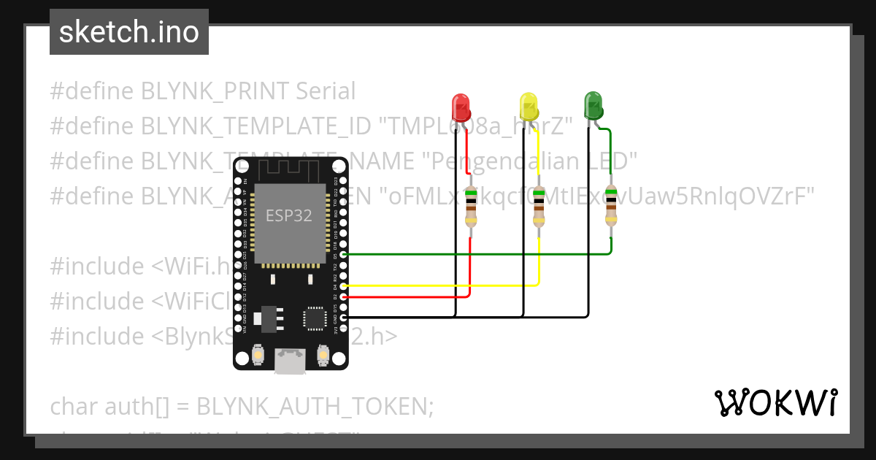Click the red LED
pos(461,107)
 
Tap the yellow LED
pos(528,107)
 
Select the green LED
pos(593,106)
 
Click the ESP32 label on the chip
pos(289,215)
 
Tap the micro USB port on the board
pos(290,361)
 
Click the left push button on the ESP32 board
pos(257,356)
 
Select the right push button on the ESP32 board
pos(323,356)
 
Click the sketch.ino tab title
pos(129,32)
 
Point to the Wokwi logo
pos(775,402)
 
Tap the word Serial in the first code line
pos(326,91)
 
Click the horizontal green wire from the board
pos(474,254)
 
